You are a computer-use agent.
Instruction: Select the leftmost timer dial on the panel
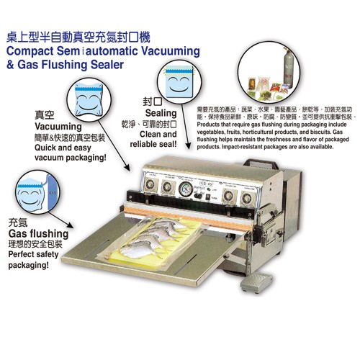[149, 188]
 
